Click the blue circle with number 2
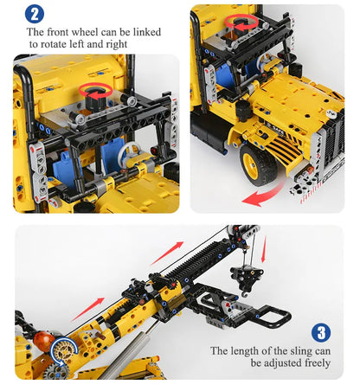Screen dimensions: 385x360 (34, 13)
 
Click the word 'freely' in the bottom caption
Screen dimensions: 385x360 (309, 365)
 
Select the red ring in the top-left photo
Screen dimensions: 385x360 (95, 91)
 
